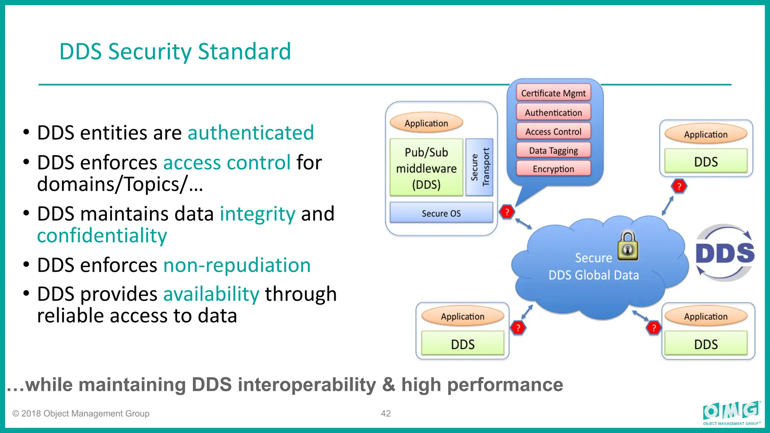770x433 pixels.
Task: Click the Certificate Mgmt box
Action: point(553,93)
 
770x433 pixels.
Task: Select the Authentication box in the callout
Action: point(553,112)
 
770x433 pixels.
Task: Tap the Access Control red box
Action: point(553,132)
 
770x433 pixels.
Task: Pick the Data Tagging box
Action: point(553,150)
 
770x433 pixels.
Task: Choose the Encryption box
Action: point(553,169)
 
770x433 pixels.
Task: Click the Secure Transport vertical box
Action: point(479,167)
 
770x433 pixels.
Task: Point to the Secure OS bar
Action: point(441,213)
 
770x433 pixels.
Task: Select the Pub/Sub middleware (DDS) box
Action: point(426,168)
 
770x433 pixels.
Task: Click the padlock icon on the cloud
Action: point(628,246)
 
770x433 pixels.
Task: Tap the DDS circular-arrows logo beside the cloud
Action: point(725,253)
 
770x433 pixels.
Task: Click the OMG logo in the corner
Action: point(731,412)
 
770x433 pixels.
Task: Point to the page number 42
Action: point(386,413)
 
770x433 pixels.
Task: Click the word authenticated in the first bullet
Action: point(251,133)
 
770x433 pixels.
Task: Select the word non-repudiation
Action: point(237,265)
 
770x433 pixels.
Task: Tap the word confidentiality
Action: point(102,236)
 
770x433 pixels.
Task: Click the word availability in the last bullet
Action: point(211,294)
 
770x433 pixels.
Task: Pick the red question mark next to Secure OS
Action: point(507,212)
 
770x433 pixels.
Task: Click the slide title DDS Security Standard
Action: point(175,51)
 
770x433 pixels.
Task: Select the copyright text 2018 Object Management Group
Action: point(81,413)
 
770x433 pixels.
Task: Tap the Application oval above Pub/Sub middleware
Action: point(426,123)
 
